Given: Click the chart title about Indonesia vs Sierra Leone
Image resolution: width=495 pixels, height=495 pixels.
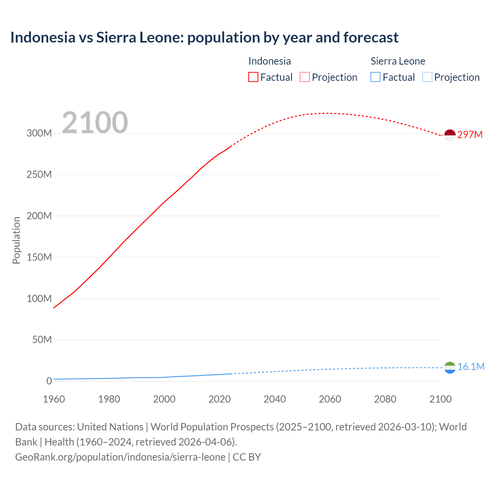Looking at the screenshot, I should click(x=204, y=38).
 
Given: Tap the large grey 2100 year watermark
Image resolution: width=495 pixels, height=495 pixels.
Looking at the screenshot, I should click(x=95, y=123).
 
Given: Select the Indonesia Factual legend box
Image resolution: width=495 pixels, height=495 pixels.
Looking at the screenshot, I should click(x=253, y=77).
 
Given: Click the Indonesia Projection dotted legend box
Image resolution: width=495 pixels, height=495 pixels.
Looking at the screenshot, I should click(x=305, y=77).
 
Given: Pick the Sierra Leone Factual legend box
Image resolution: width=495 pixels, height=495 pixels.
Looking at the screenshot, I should click(x=375, y=77).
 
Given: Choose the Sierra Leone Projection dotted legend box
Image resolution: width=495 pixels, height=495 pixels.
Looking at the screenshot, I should click(x=427, y=77).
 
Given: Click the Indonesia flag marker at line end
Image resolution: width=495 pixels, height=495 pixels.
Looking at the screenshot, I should click(x=450, y=135).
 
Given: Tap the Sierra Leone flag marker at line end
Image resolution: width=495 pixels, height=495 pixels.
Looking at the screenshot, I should click(x=450, y=367).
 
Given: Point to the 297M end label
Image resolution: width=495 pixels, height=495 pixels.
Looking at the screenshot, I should click(x=470, y=135).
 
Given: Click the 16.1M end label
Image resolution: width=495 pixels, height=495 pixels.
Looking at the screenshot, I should click(x=471, y=367).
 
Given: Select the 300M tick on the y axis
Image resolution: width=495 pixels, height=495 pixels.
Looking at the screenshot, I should click(x=39, y=133).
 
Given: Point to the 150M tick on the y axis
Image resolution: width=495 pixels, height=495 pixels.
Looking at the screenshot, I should click(x=39, y=257).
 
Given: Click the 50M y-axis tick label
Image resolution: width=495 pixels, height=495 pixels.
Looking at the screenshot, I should click(x=42, y=340).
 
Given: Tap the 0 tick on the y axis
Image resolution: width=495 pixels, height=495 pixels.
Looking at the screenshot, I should click(x=49, y=381).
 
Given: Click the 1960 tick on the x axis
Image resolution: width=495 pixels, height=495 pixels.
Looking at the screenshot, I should click(x=54, y=399).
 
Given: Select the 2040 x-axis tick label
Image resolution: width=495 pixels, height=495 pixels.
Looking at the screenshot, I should click(x=275, y=399).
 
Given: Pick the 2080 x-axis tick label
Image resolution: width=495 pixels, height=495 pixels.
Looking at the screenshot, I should click(x=385, y=399).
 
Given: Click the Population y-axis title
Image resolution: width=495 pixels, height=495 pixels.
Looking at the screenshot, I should click(x=16, y=240).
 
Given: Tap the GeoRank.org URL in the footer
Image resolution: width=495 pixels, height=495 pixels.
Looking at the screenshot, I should click(x=120, y=457).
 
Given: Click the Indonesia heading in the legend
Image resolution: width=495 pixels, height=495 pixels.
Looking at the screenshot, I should click(x=270, y=61).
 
